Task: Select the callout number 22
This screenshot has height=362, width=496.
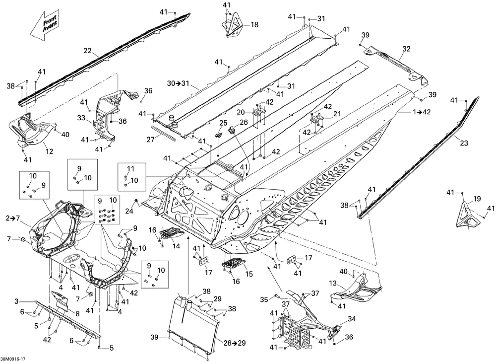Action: (x=88, y=50)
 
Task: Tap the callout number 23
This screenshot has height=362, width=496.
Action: (x=464, y=143)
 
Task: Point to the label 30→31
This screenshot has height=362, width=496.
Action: (x=178, y=83)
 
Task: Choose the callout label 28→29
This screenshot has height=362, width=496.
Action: (x=235, y=343)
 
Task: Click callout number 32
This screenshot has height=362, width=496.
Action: (x=407, y=49)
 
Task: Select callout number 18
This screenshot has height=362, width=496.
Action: (x=254, y=24)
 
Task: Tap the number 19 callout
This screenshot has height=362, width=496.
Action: (x=477, y=199)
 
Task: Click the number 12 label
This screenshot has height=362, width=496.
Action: (x=50, y=152)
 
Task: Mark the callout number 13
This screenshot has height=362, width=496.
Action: (x=333, y=283)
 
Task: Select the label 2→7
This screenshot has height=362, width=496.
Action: (x=12, y=217)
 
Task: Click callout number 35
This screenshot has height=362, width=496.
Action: (x=264, y=299)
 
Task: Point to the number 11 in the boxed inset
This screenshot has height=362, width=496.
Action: (x=131, y=168)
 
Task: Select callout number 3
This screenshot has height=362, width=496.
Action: (x=17, y=301)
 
